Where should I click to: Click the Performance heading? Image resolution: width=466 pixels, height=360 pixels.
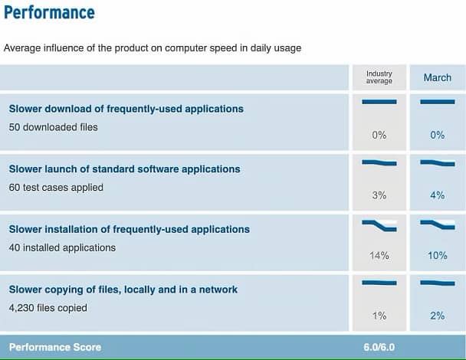click(x=49, y=12)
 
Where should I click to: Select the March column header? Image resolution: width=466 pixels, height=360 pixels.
click(x=438, y=77)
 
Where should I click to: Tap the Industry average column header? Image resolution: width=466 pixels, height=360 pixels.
click(x=379, y=77)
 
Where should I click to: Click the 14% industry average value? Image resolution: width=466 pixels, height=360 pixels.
click(x=379, y=255)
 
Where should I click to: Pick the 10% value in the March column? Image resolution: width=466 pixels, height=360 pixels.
click(x=438, y=255)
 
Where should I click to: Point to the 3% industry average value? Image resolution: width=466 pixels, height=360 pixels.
click(x=379, y=195)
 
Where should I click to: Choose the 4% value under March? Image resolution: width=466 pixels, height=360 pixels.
click(x=438, y=195)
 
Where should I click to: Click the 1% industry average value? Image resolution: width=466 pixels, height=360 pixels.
click(x=379, y=316)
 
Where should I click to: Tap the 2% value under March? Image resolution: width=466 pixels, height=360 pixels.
click(x=438, y=316)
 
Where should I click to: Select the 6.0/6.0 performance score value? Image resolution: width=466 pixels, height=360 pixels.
click(x=379, y=347)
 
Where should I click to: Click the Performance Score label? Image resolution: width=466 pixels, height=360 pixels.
click(x=55, y=347)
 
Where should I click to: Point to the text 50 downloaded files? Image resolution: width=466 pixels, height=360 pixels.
click(x=53, y=127)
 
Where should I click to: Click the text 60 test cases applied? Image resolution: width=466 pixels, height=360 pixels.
click(x=56, y=188)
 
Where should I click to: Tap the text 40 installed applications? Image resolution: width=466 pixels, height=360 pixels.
click(x=62, y=247)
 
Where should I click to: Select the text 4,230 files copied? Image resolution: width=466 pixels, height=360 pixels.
click(x=48, y=308)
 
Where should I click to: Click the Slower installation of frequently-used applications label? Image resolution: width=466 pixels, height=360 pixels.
click(x=130, y=229)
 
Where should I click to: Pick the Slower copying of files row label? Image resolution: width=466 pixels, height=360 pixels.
click(x=123, y=290)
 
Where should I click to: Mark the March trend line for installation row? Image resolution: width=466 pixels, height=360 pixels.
click(x=438, y=225)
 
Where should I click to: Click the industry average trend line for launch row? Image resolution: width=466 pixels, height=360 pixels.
click(x=379, y=162)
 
